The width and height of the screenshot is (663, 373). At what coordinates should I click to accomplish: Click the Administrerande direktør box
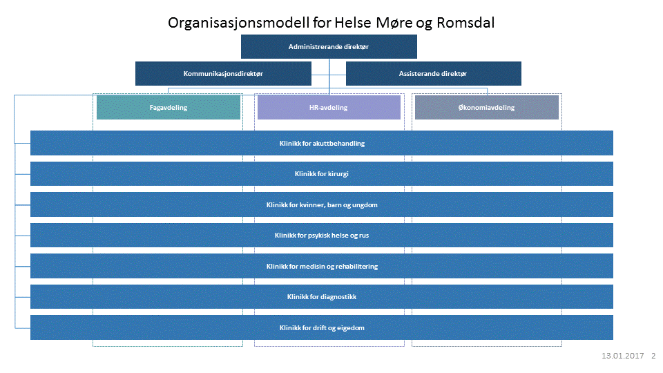329,47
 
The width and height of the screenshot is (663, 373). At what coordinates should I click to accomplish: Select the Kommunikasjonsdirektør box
223,73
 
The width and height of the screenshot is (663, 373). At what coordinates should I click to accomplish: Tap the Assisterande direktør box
433,73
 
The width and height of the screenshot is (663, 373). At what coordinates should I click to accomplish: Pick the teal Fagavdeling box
169,108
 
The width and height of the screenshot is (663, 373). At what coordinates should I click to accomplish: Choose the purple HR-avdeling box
329,108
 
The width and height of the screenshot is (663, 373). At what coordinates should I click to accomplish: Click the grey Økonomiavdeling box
486,108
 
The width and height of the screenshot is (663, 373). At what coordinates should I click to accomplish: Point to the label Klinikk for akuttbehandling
322,144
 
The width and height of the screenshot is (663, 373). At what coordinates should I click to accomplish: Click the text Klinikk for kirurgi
322,174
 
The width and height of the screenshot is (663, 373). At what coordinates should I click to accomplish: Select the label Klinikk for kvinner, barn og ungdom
322,205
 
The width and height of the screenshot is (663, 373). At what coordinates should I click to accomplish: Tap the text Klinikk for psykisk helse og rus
322,236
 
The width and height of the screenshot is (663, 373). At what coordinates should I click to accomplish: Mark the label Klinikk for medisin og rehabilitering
322,267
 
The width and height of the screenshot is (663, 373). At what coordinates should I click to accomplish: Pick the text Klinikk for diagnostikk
322,297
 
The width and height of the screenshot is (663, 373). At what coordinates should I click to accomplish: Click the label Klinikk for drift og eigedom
322,328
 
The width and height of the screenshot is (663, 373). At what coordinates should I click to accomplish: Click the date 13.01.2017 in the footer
622,356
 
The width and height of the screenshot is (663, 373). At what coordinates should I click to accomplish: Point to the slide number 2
653,356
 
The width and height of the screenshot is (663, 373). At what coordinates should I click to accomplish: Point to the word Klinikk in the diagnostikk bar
298,297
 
